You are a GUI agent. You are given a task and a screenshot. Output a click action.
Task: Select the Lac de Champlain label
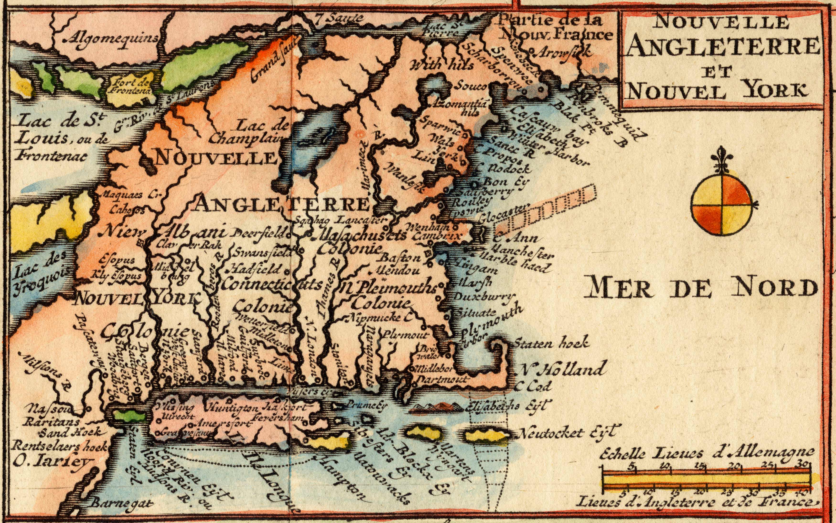(250, 132)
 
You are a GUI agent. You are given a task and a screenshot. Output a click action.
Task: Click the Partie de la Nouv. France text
(553, 28)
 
